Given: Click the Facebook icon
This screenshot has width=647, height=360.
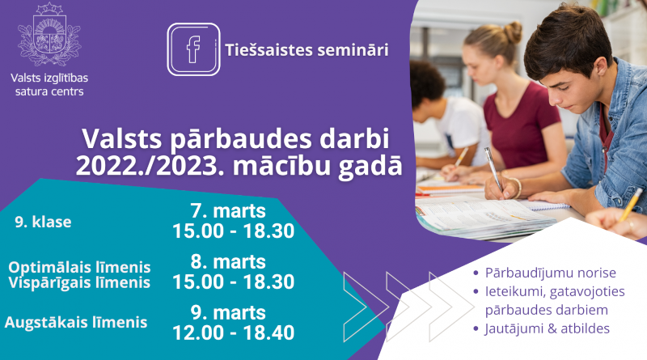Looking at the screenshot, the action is [x=193, y=49].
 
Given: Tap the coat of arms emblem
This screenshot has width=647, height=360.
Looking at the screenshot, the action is [x=49, y=34].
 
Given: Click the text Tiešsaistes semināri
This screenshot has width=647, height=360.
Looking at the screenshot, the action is [x=307, y=50].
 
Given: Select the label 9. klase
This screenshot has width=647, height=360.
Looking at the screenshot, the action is [x=43, y=222].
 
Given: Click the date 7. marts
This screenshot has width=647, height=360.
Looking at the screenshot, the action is [x=228, y=211].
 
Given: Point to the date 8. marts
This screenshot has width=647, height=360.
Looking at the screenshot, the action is [x=228, y=262].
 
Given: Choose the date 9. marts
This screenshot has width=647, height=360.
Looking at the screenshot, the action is [x=228, y=312].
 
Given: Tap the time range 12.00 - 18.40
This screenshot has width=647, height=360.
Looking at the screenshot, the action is [x=233, y=332].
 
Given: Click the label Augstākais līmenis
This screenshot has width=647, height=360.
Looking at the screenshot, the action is [x=76, y=323].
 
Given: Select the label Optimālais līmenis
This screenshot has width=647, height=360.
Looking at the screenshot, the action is [x=79, y=267].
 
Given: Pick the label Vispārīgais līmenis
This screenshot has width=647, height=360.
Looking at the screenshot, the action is [x=79, y=283].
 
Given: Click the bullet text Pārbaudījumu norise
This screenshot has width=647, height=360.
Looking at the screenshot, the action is [x=551, y=273].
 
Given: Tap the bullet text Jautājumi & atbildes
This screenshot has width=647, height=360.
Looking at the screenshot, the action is [x=548, y=328].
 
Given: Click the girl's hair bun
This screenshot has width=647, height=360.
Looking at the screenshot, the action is [x=512, y=32].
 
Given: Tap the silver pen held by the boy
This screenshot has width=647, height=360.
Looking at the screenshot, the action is [x=494, y=169].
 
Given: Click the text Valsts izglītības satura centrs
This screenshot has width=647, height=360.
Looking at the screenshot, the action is [x=49, y=85].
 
